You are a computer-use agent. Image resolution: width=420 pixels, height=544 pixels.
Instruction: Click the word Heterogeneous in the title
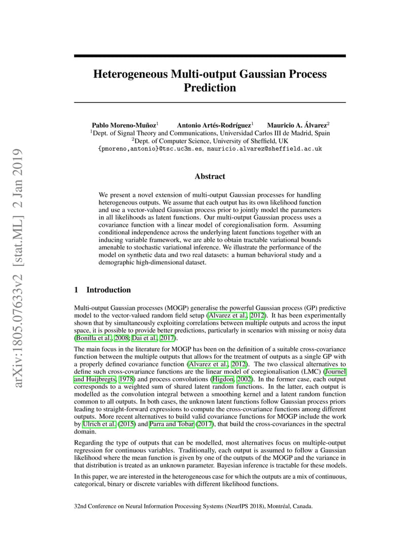tap(130, 74)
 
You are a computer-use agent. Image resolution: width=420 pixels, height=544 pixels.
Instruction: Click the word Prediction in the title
tap(209, 88)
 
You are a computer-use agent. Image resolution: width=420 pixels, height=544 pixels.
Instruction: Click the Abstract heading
tap(209, 177)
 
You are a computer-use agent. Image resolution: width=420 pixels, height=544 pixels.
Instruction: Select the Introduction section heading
tap(109, 290)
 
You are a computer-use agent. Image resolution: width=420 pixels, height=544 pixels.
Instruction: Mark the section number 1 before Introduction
tap(76, 290)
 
